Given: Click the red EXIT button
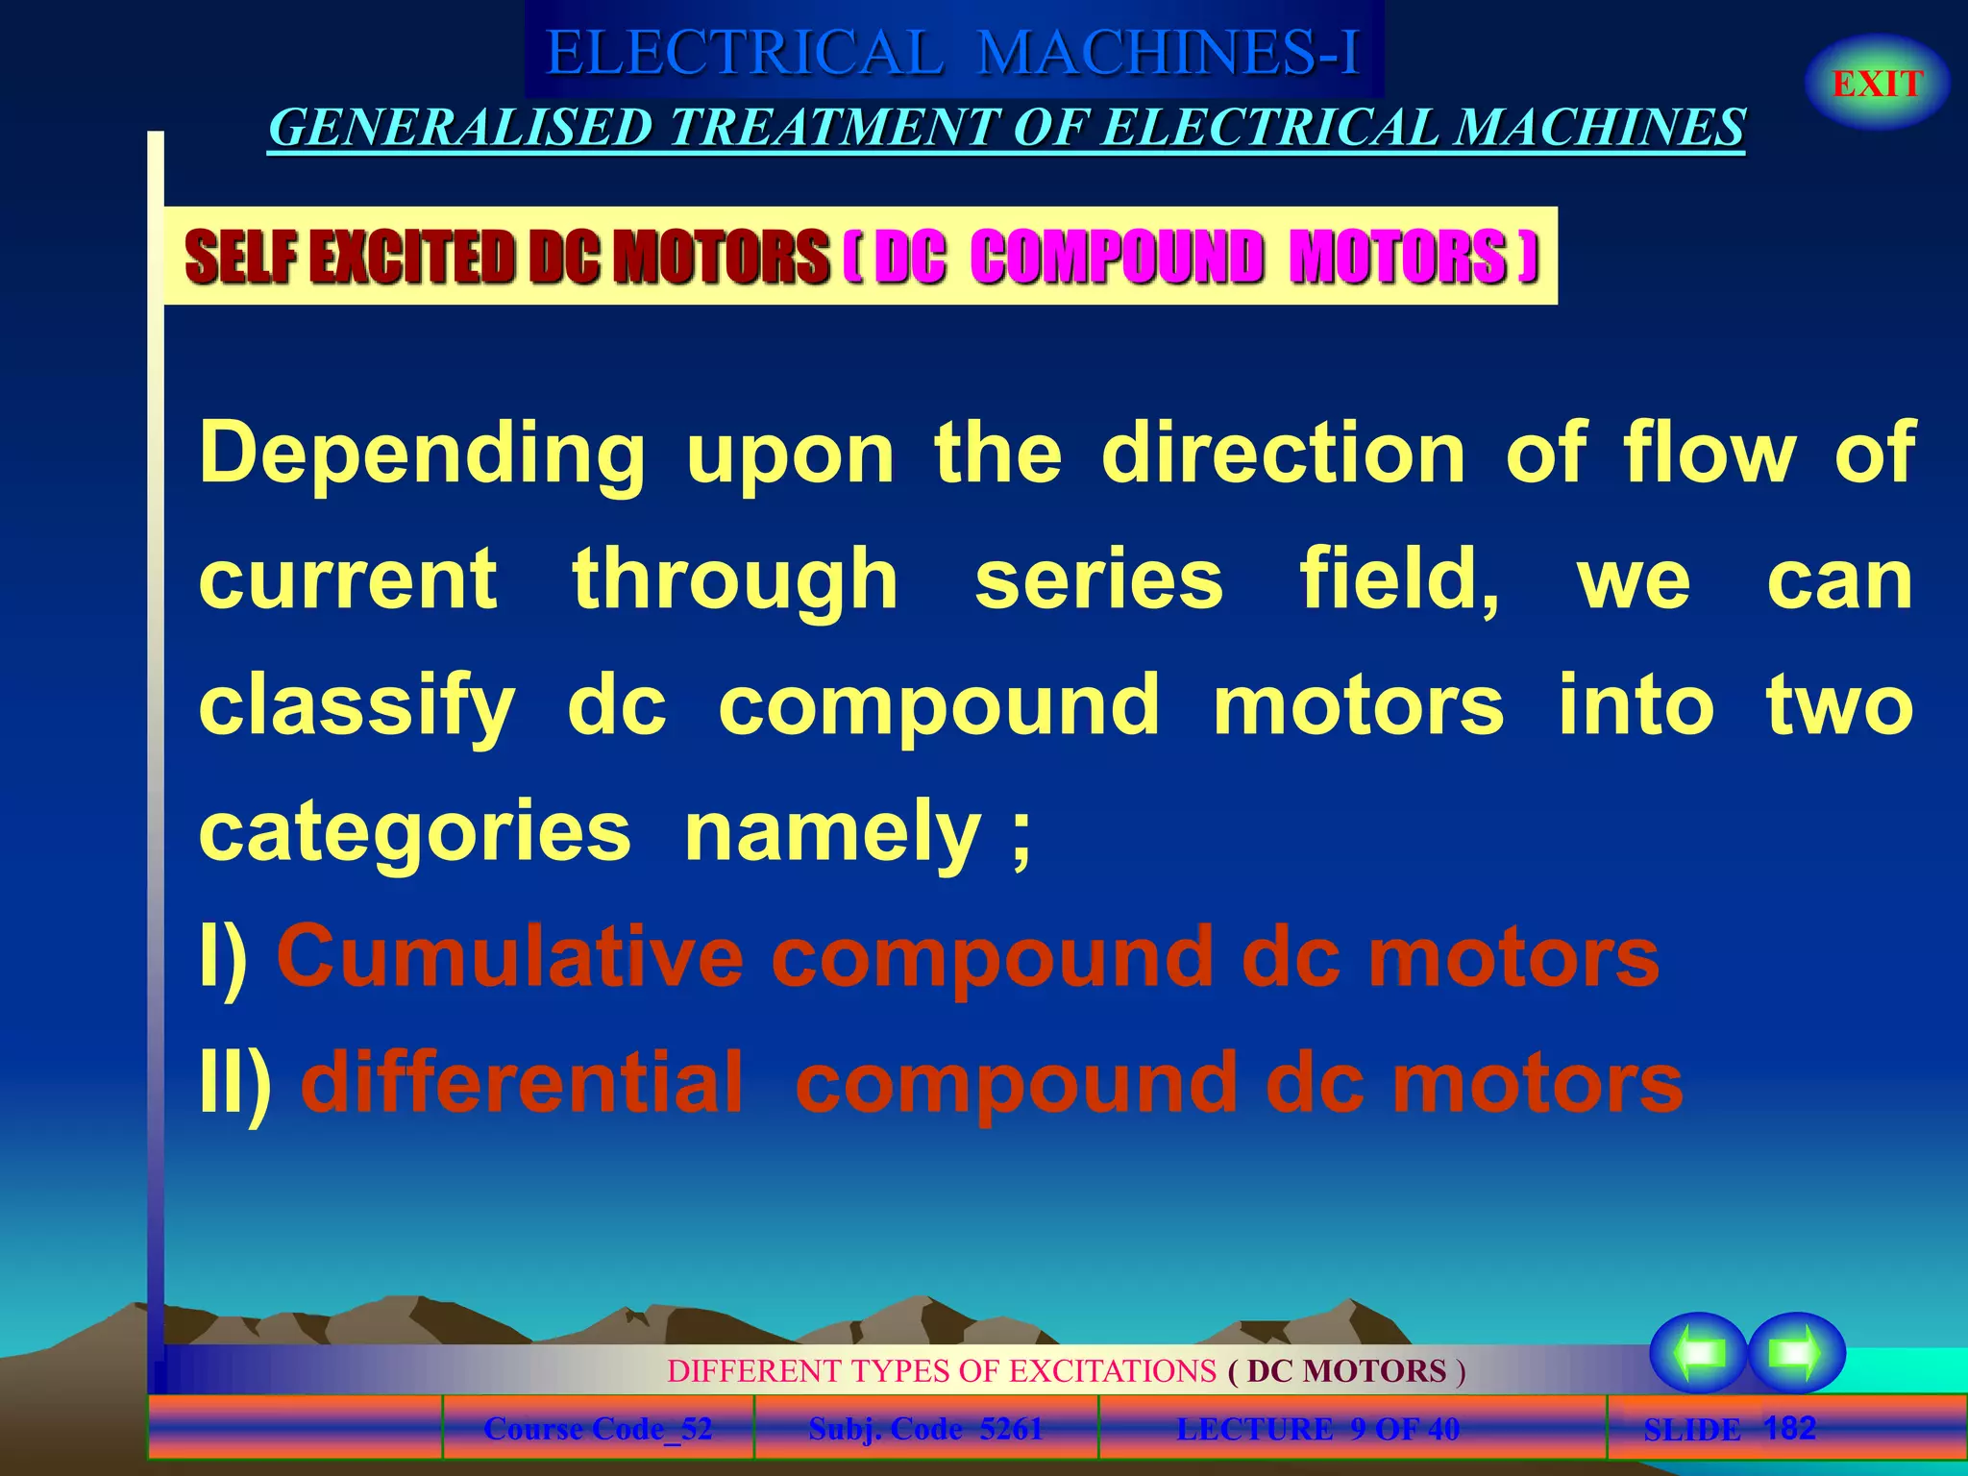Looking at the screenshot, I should coord(1877,84).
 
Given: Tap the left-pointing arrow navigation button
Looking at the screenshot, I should coord(1698,1353).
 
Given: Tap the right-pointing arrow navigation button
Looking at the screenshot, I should coord(1795,1353).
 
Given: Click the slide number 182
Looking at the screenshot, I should coord(1789,1427).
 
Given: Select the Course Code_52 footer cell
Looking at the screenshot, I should coord(598,1429).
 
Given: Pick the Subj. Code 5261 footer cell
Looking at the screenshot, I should coord(925,1429).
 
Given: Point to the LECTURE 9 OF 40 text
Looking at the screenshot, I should coord(1317,1429).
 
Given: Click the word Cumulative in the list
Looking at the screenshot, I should coord(509,957).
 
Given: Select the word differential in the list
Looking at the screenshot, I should coord(522,1083).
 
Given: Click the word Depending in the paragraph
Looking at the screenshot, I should coord(422,454).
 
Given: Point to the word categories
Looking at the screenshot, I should coord(414,831).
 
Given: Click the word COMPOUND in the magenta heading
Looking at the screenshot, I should coord(1116,257).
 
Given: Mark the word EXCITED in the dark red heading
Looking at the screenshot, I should coord(418,257).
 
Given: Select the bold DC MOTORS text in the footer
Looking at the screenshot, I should coord(1346,1370).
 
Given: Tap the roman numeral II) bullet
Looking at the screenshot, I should coord(235,1083).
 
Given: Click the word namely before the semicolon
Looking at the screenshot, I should coord(832,831).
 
